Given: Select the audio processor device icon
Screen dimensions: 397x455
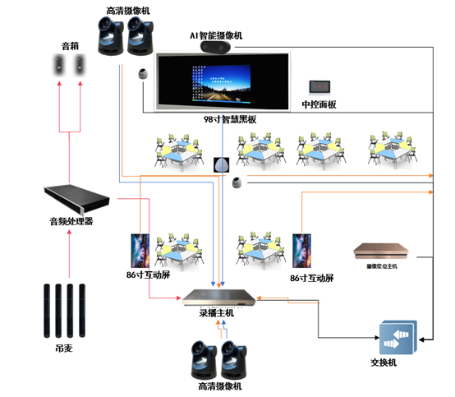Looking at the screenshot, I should click(x=76, y=198).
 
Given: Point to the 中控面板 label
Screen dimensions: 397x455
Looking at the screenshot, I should click(x=319, y=104).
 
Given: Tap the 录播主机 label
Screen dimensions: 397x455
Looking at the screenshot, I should click(x=216, y=312).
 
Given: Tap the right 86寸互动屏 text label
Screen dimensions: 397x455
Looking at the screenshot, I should click(x=312, y=278).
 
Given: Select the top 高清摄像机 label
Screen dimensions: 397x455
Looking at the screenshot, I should click(x=128, y=10).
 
